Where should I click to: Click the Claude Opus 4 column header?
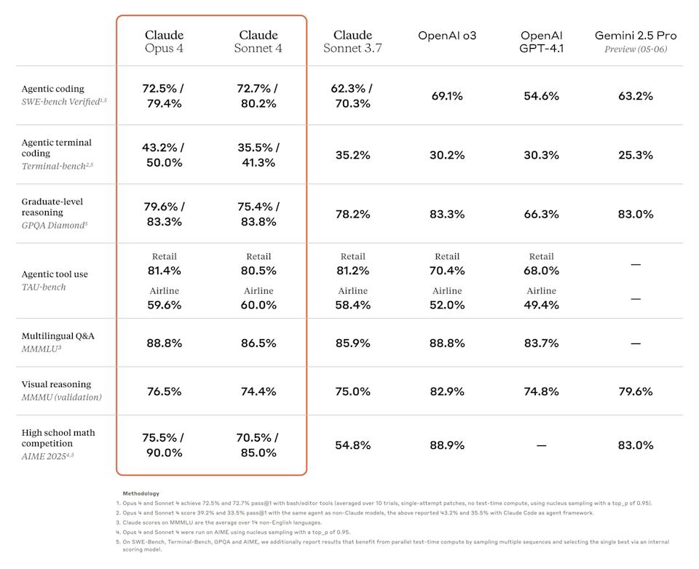[x=164, y=41]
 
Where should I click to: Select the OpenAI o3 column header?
[x=446, y=36]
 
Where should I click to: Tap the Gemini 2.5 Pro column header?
[x=635, y=36]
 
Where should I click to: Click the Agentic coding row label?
[x=52, y=89]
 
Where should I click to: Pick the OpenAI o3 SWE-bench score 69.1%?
[x=446, y=96]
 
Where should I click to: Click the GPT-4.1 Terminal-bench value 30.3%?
[x=541, y=155]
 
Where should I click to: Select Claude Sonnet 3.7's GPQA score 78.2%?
[x=352, y=214]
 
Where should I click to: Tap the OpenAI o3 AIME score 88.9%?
[x=446, y=445]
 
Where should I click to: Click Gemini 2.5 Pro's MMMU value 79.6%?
[x=635, y=391]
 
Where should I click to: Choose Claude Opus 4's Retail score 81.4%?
[x=164, y=271]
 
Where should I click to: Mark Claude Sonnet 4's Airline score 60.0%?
[x=258, y=305]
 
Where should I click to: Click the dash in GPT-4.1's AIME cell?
[x=541, y=445]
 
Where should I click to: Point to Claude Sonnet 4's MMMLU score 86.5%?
[x=258, y=343]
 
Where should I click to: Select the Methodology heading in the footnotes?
[x=141, y=493]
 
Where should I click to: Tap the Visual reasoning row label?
[x=56, y=384]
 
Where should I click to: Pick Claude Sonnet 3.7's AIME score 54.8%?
[x=352, y=445]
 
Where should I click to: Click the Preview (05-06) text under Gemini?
[x=635, y=49]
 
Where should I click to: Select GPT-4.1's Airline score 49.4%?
[x=541, y=305]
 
